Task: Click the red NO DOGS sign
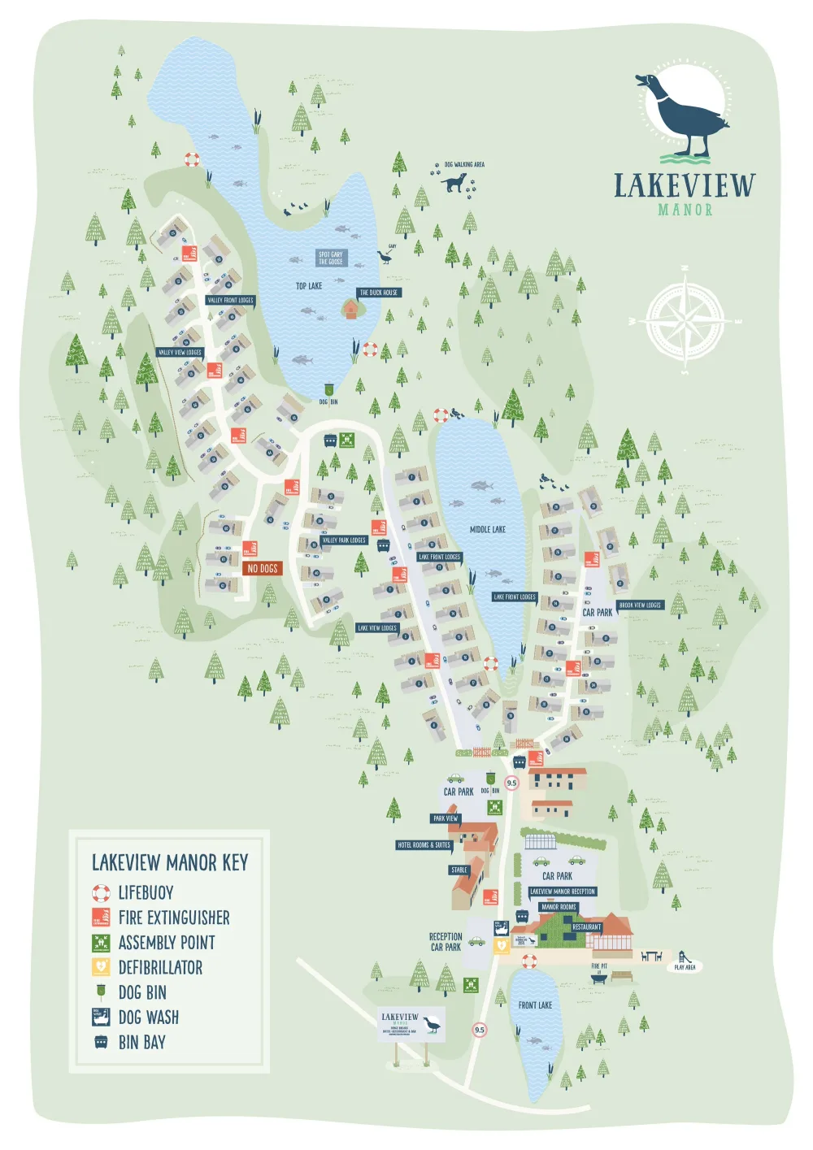click(263, 568)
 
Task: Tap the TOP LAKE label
click(309, 286)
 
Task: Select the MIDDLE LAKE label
click(488, 529)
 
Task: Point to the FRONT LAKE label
click(535, 1005)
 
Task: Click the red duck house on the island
click(350, 309)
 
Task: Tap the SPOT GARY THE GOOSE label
click(331, 258)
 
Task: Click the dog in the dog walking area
click(454, 182)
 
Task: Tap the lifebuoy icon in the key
click(101, 893)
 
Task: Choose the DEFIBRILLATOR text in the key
click(160, 967)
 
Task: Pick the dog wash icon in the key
click(101, 1017)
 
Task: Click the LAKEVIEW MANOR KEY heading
click(170, 862)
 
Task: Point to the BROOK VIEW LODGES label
click(641, 605)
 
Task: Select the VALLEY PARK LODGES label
click(344, 540)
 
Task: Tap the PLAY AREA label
click(685, 967)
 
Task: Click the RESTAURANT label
click(586, 927)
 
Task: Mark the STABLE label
click(459, 870)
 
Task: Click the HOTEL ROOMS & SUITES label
click(424, 845)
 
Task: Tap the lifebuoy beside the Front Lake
click(529, 961)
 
